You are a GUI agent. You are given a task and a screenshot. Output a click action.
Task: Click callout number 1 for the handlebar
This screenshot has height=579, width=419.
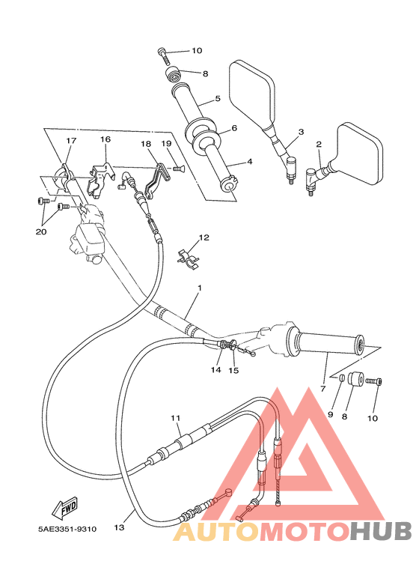point(199,288)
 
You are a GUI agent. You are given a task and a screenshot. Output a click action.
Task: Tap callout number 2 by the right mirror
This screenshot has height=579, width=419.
point(319,144)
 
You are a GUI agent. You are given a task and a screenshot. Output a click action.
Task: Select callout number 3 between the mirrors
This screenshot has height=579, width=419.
point(301,132)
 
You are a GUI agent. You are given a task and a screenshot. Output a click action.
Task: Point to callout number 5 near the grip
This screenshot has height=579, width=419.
point(217,98)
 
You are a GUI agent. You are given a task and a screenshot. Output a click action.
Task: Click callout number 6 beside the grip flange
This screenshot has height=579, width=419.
point(233,128)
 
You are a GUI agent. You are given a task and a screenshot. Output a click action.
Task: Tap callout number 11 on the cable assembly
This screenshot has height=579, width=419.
point(176,417)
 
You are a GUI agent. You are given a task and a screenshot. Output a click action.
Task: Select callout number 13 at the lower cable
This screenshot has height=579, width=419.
point(118,527)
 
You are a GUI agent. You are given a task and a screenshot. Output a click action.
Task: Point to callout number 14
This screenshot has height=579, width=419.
point(216,369)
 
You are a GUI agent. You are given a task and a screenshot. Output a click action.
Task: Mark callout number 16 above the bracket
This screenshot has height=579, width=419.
point(105,139)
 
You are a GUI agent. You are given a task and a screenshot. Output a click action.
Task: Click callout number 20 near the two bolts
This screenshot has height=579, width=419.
point(40,231)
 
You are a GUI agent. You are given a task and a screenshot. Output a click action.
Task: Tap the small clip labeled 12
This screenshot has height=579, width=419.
point(190,257)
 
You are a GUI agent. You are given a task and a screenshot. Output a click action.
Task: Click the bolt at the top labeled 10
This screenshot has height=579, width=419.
point(163,53)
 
